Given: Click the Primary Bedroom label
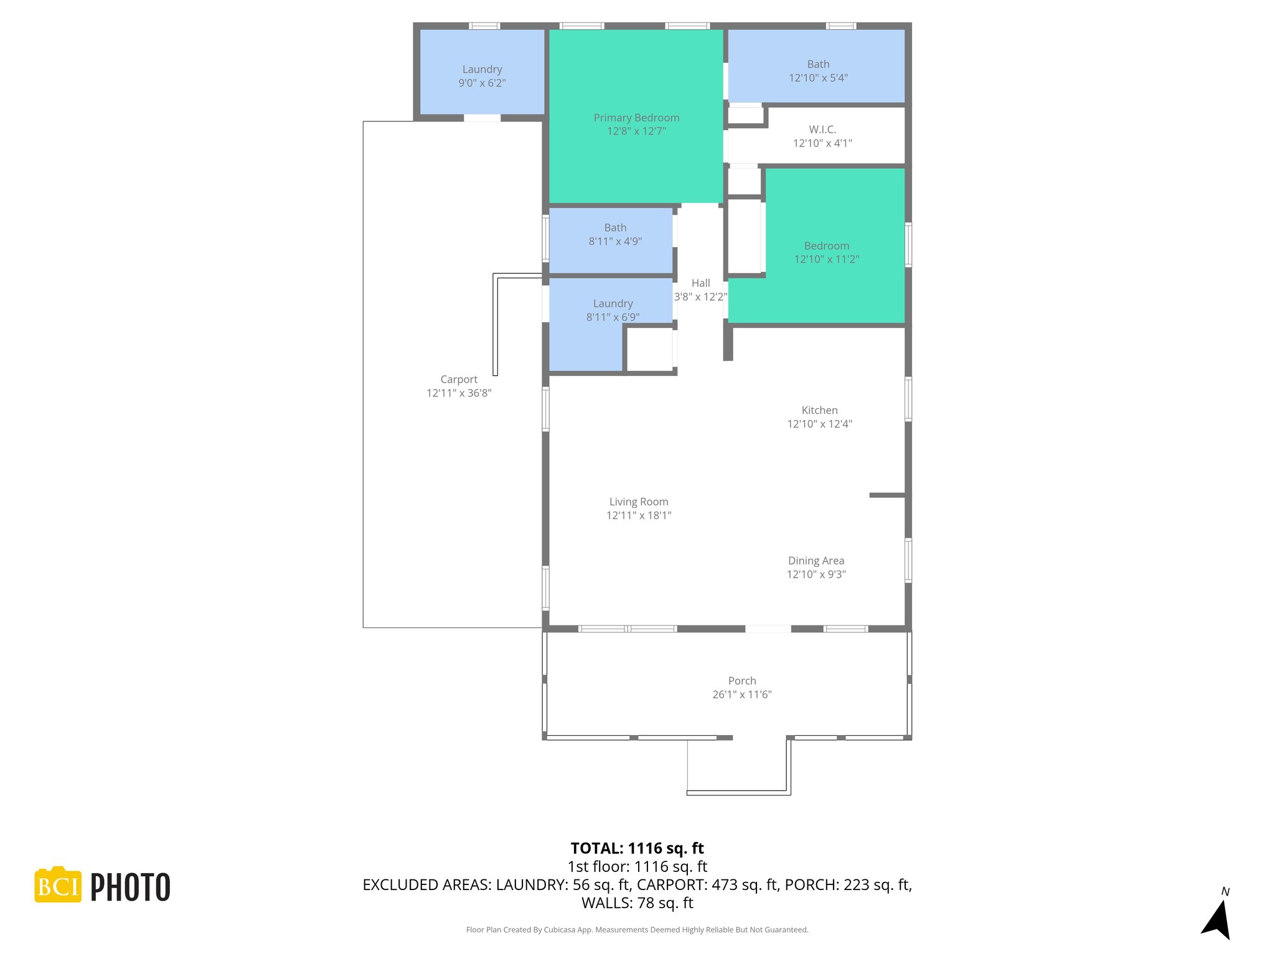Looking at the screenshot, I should pyautogui.click(x=636, y=118).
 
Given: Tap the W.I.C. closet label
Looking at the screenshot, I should pyautogui.click(x=822, y=129).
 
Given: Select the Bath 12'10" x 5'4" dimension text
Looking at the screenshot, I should pyautogui.click(x=818, y=78).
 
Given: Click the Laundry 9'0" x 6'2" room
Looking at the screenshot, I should pyautogui.click(x=482, y=75).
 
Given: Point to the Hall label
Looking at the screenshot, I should pyautogui.click(x=700, y=283).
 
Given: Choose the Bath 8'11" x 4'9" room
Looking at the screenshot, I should pyautogui.click(x=615, y=235).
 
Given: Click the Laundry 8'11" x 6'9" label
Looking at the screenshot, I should pyautogui.click(x=613, y=304).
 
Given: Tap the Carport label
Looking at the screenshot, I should pyautogui.click(x=459, y=380).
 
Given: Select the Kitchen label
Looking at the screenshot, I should pyautogui.click(x=819, y=410).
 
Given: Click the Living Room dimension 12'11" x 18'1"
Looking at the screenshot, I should pyautogui.click(x=639, y=515).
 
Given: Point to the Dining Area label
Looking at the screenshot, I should pyautogui.click(x=816, y=561).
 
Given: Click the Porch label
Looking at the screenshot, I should pyautogui.click(x=742, y=681).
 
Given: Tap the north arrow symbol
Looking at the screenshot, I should pyautogui.click(x=1217, y=918).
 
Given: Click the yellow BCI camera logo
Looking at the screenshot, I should pyautogui.click(x=58, y=885).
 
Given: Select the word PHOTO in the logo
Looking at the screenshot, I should pyautogui.click(x=130, y=888).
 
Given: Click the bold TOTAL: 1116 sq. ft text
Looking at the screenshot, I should pyautogui.click(x=637, y=848).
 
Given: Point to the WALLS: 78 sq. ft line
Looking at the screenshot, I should pyautogui.click(x=637, y=902).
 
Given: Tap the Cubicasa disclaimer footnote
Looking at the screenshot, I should pyautogui.click(x=637, y=930).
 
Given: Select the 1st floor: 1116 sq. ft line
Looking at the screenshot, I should pyautogui.click(x=637, y=866).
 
